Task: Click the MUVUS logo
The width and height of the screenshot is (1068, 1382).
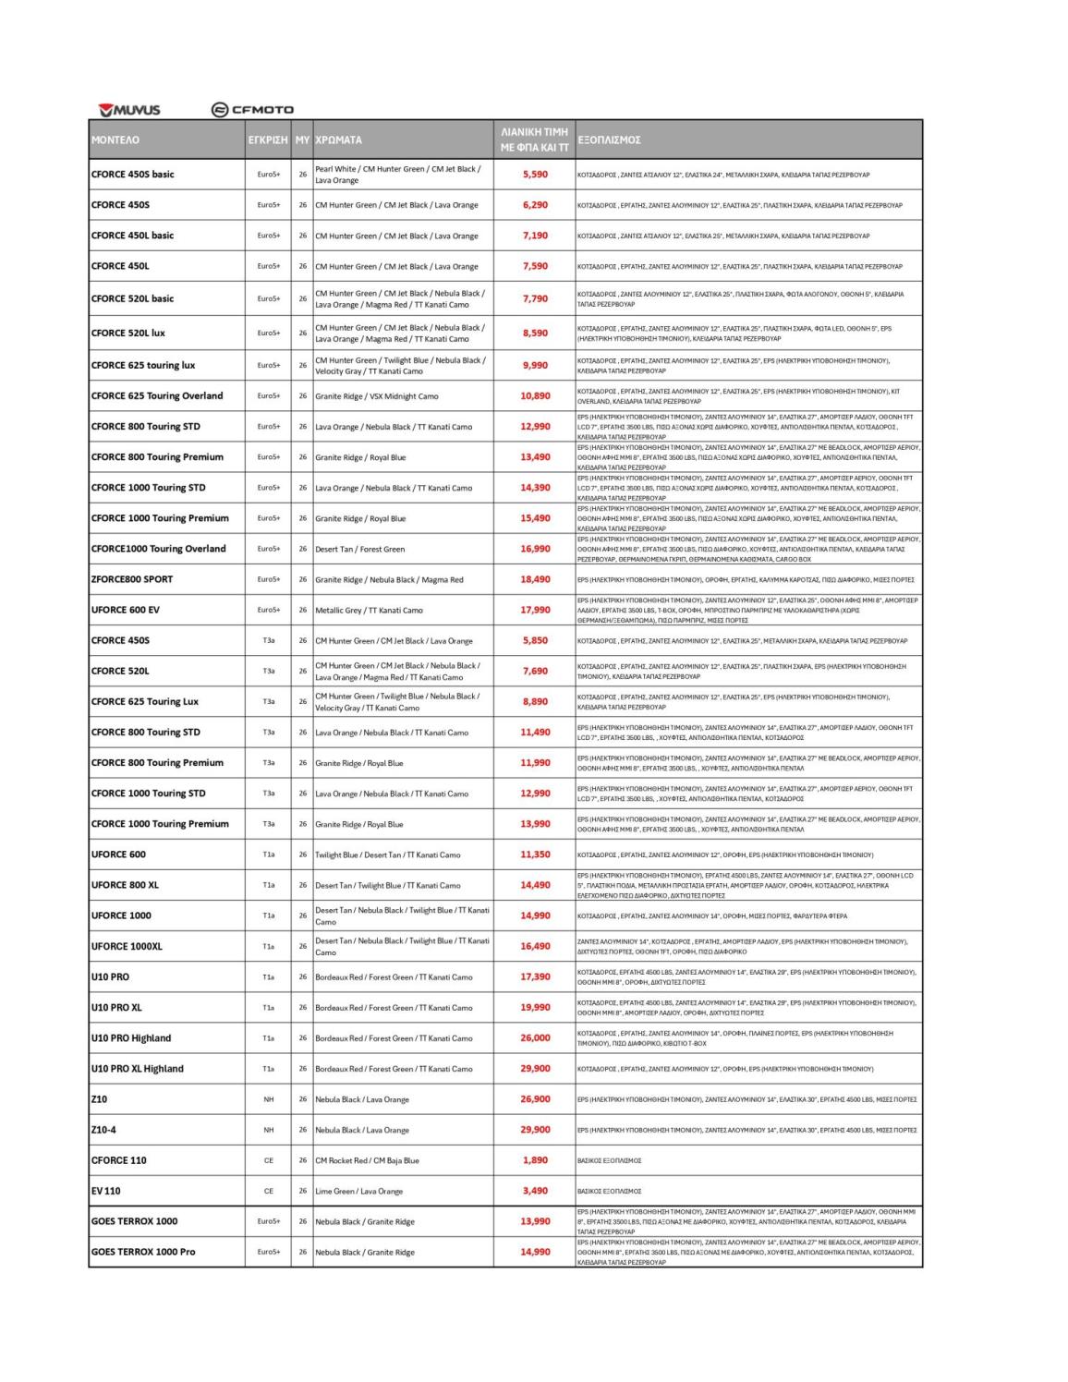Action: pos(130,110)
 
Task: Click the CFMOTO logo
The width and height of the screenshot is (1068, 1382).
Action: pos(252,110)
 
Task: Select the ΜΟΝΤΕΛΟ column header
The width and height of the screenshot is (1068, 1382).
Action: pos(115,140)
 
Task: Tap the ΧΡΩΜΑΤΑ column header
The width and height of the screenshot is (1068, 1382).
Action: pos(338,140)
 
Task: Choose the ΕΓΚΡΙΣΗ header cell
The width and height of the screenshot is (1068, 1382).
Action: pos(268,140)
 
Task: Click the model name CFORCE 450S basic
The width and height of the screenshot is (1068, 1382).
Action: pos(132,175)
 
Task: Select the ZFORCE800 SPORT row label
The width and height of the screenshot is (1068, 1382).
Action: pos(131,579)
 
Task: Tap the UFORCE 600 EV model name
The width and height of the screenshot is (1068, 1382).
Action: pos(125,610)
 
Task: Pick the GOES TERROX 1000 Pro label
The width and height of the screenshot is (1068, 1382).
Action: pos(143,1252)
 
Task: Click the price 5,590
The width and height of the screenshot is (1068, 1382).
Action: pos(535,175)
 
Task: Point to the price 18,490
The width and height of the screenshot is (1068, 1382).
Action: pos(535,579)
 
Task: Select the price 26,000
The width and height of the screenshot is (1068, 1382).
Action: pos(535,1037)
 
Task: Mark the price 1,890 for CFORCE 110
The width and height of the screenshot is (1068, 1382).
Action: pos(535,1160)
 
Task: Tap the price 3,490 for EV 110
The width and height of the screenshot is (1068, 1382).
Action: pos(535,1191)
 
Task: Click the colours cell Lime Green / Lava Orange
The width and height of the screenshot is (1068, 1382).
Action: pos(358,1192)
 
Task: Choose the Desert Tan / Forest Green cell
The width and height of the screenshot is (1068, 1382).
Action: pos(359,550)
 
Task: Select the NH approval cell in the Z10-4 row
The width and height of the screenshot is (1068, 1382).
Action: pos(269,1130)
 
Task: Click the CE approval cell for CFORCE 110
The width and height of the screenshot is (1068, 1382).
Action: pos(269,1160)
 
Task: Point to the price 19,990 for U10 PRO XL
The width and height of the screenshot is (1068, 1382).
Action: pos(535,1007)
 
